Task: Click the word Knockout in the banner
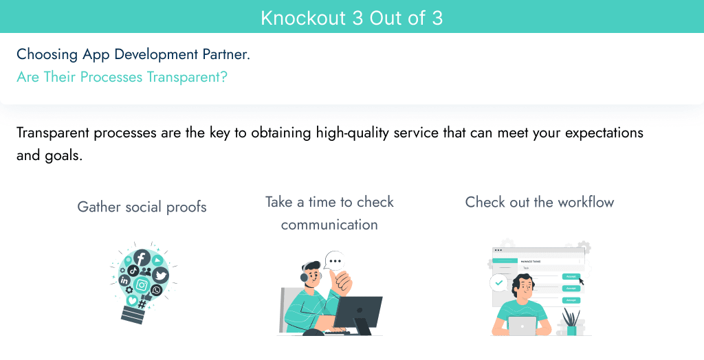303,18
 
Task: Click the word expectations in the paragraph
603,132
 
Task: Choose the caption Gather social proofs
142,207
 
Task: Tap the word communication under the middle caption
329,225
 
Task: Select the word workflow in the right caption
586,202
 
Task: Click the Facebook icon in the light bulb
142,258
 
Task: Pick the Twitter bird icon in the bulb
160,275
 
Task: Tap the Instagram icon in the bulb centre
142,284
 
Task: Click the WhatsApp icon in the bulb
157,291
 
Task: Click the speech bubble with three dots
335,261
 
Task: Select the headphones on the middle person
303,276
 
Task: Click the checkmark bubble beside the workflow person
498,282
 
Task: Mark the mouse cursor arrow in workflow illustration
582,280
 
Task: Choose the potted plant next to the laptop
570,322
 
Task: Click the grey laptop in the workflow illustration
522,326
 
